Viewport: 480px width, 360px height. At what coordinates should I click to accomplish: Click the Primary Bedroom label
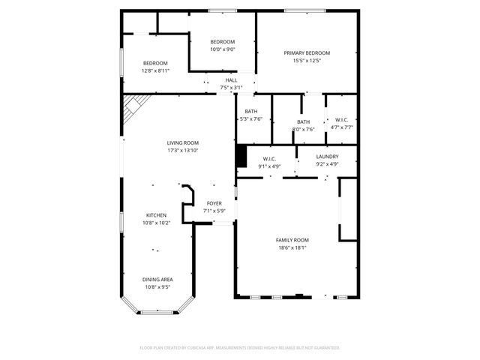point(307,52)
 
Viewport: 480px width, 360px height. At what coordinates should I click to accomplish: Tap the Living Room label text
point(182,142)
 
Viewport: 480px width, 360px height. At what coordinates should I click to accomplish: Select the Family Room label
point(292,240)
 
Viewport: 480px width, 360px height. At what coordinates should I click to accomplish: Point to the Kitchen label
point(156,214)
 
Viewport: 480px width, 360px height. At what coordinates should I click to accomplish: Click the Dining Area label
point(157,279)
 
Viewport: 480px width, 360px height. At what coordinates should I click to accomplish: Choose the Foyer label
point(214,203)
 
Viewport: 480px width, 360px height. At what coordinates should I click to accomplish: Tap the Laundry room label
point(327,156)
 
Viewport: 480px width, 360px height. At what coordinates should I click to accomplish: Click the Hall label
point(231,80)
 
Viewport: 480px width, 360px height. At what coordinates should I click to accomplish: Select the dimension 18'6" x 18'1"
point(292,247)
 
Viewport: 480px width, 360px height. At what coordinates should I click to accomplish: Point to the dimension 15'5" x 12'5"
point(307,61)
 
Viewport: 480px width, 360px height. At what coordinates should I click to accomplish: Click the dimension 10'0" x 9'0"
point(222,49)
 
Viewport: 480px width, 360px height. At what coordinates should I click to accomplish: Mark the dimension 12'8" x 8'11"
point(155,70)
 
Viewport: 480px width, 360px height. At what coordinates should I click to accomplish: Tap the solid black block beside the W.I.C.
point(241,156)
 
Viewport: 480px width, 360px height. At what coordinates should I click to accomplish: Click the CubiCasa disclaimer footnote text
point(240,348)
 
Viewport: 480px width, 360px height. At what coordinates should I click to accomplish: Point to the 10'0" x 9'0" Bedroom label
point(222,41)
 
